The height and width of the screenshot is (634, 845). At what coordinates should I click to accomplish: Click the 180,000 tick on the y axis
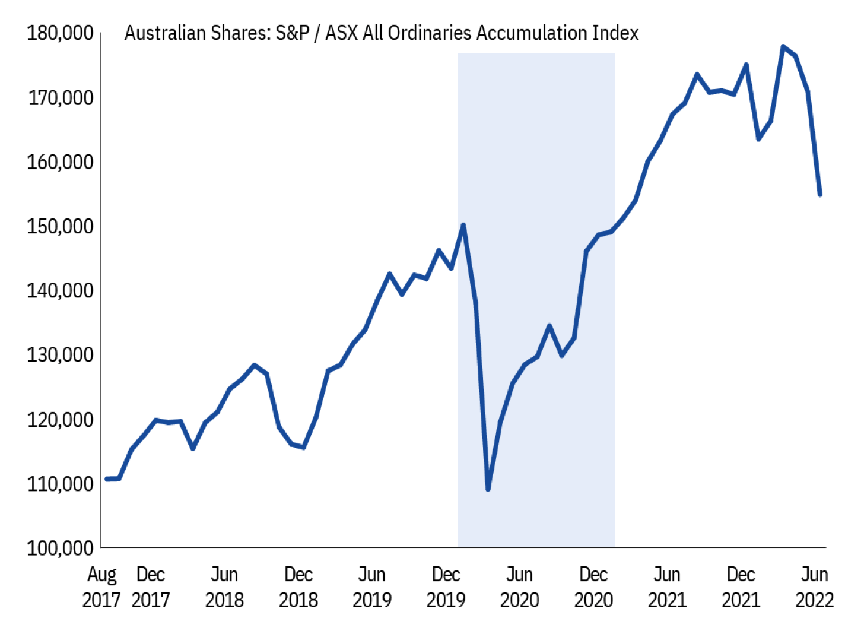pos(60,33)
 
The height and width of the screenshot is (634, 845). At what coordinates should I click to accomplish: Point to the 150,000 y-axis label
pos(60,226)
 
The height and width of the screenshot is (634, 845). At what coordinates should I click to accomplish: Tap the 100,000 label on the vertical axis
pos(60,548)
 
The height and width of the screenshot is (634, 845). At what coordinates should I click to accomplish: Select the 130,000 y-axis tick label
pos(60,355)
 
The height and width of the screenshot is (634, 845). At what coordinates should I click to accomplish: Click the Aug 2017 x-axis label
pos(101,587)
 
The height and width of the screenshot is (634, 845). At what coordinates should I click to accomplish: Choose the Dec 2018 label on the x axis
pos(298,587)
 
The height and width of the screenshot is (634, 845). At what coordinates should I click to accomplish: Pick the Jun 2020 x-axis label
pos(519,587)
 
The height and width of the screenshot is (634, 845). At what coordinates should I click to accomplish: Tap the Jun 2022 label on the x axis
pos(814,587)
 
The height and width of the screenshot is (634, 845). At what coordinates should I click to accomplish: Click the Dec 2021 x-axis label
pos(741,587)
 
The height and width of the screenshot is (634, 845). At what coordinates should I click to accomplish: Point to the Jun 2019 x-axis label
pos(372,587)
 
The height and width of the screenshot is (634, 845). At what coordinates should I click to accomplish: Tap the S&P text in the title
pos(293,33)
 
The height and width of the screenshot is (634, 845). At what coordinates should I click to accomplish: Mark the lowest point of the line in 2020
pos(488,489)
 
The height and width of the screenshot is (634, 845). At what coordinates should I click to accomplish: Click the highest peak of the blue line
pos(783,46)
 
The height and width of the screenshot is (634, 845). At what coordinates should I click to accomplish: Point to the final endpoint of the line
pos(820,194)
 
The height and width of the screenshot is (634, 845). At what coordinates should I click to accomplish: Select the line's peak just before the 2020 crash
pos(463,225)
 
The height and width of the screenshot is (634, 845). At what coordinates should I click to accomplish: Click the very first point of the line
pos(107,479)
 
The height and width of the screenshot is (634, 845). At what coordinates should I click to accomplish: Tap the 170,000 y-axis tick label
pos(60,98)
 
